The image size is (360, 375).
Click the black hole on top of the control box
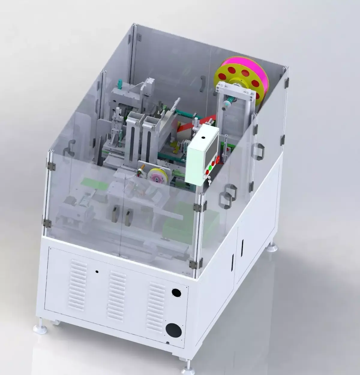pyautogui.click(x=203, y=138)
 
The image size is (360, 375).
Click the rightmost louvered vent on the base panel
pyautogui.click(x=156, y=306)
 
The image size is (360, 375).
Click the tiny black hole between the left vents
pyautogui.click(x=97, y=271)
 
